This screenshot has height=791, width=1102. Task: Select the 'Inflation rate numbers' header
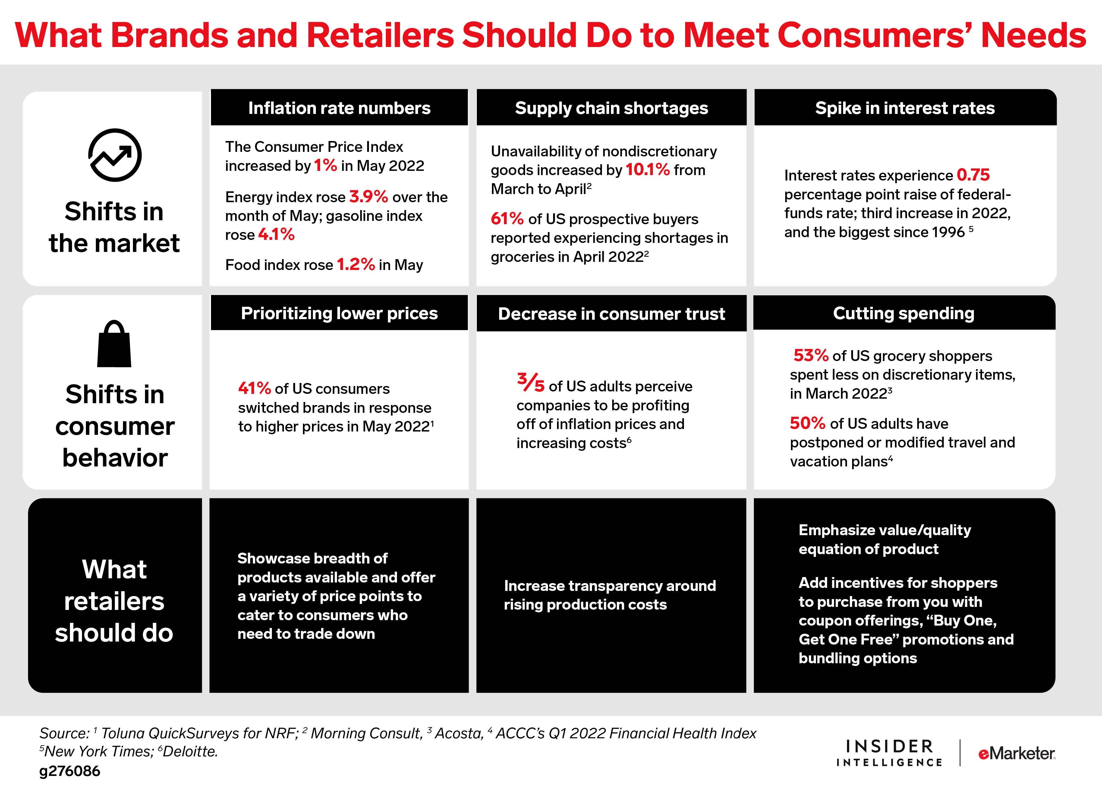(339, 108)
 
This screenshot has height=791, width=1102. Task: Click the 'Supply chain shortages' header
(611, 108)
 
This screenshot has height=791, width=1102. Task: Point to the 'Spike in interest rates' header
(905, 108)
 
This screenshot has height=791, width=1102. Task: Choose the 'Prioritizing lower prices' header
(339, 313)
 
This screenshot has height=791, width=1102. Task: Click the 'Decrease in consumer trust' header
(611, 314)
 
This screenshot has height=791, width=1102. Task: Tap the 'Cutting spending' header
(904, 313)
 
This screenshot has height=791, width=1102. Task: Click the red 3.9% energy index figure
(368, 197)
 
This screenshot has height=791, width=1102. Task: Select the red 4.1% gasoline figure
(276, 235)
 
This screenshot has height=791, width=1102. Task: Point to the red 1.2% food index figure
(356, 265)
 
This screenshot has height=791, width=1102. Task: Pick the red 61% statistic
(507, 219)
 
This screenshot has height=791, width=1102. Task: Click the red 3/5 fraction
(530, 383)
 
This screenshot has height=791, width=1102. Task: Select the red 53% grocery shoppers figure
(811, 356)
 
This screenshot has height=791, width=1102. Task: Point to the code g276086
(70, 771)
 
